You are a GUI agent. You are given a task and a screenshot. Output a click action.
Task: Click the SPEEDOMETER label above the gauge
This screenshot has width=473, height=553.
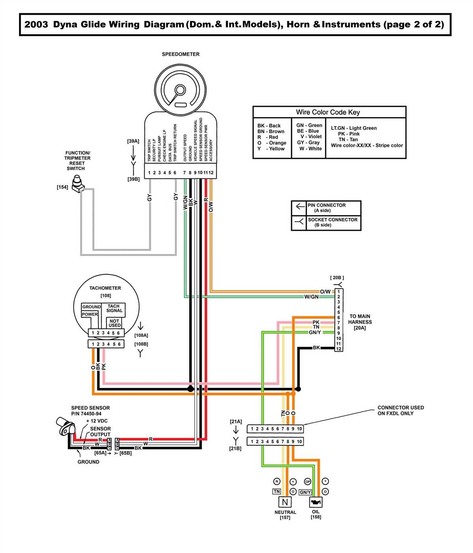click(x=181, y=54)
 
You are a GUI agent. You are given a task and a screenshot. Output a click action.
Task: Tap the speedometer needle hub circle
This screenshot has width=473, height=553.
click(x=181, y=90)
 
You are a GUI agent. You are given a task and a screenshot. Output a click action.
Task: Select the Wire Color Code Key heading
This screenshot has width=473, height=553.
click(x=328, y=112)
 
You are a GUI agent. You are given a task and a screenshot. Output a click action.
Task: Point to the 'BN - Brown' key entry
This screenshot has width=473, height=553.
click(x=271, y=132)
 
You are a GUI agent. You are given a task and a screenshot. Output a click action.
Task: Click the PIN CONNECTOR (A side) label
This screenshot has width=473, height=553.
click(x=326, y=208)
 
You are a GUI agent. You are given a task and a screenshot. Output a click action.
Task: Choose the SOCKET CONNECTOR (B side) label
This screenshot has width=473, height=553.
click(x=332, y=222)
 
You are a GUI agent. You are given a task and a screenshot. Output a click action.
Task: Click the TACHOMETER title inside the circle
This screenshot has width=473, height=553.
click(x=105, y=288)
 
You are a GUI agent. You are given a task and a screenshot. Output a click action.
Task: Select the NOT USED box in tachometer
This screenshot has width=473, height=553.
click(x=114, y=323)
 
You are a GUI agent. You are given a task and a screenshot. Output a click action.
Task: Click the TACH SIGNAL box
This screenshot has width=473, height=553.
click(x=114, y=308)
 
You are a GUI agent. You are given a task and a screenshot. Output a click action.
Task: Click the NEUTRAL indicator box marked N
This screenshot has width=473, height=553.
click(x=285, y=502)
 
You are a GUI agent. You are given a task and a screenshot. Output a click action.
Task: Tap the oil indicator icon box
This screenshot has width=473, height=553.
click(x=316, y=502)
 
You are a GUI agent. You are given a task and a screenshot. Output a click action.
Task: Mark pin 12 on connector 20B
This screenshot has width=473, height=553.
click(x=339, y=349)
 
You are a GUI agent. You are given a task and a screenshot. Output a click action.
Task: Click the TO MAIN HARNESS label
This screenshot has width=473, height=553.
click(x=360, y=322)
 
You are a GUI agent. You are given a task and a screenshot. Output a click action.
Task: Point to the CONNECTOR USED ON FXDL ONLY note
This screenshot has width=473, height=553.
click(x=400, y=410)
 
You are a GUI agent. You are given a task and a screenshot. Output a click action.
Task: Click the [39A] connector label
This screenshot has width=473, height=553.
click(x=133, y=141)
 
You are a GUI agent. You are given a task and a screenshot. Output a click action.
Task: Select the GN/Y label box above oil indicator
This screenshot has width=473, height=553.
click(x=305, y=492)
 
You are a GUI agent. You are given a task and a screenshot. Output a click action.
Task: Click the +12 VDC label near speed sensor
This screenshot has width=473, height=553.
click(x=97, y=421)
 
